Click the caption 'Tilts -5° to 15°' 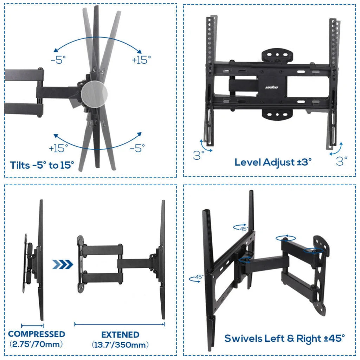click(x=42, y=165)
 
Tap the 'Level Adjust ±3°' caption click(x=273, y=162)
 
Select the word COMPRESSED click(x=37, y=334)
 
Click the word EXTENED click(x=120, y=334)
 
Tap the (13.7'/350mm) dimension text click(x=120, y=345)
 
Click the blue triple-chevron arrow click(x=63, y=264)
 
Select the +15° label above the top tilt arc click(x=141, y=60)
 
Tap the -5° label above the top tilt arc click(x=58, y=60)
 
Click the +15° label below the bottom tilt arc click(x=59, y=148)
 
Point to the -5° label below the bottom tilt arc click(x=137, y=148)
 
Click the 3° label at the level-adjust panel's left click(x=199, y=155)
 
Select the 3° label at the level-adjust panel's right click(x=342, y=161)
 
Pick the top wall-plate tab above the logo click(x=277, y=55)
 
